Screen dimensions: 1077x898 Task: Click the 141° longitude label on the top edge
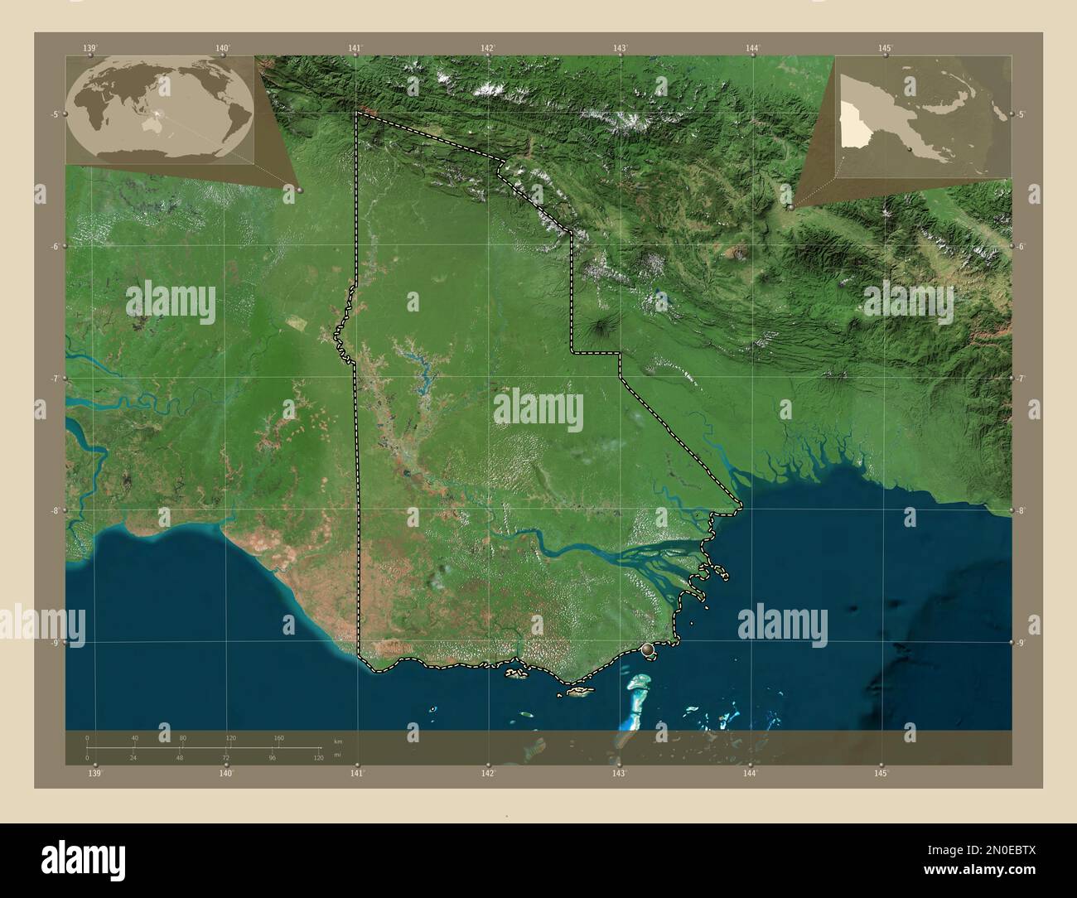point(355,48)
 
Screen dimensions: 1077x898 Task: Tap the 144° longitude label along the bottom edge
point(750,773)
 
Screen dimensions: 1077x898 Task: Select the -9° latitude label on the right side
point(1021,642)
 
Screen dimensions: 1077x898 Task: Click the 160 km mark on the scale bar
point(278,737)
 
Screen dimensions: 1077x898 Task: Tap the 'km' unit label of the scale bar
point(336,740)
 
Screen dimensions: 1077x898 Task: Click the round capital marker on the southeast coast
point(648,650)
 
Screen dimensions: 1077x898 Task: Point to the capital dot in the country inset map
point(910,147)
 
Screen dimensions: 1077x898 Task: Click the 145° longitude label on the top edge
point(884,48)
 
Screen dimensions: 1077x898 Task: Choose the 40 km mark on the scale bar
point(134,737)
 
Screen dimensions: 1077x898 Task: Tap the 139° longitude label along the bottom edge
point(94,773)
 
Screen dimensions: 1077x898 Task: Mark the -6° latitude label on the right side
point(1021,246)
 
